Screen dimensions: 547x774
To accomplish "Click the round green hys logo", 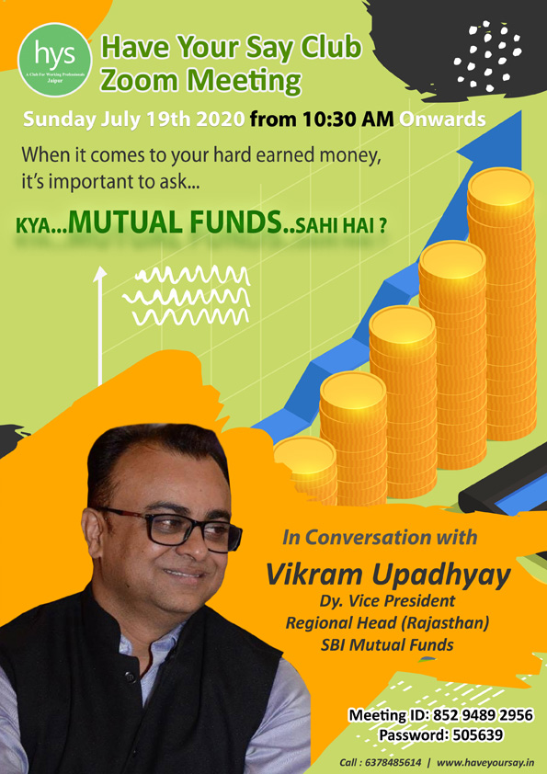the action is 55,60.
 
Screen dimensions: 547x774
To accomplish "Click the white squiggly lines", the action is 187,295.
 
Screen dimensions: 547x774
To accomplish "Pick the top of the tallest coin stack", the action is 500,188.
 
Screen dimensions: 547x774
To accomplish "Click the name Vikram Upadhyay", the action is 388,575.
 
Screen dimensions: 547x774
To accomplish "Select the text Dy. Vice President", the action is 387,601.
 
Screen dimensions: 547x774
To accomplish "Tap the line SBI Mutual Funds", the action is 387,644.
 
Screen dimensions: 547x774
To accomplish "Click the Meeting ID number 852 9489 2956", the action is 483,715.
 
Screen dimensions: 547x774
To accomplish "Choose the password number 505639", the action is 475,735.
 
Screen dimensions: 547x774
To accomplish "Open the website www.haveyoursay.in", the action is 485,763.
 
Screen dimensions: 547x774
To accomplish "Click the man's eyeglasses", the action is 170,528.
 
